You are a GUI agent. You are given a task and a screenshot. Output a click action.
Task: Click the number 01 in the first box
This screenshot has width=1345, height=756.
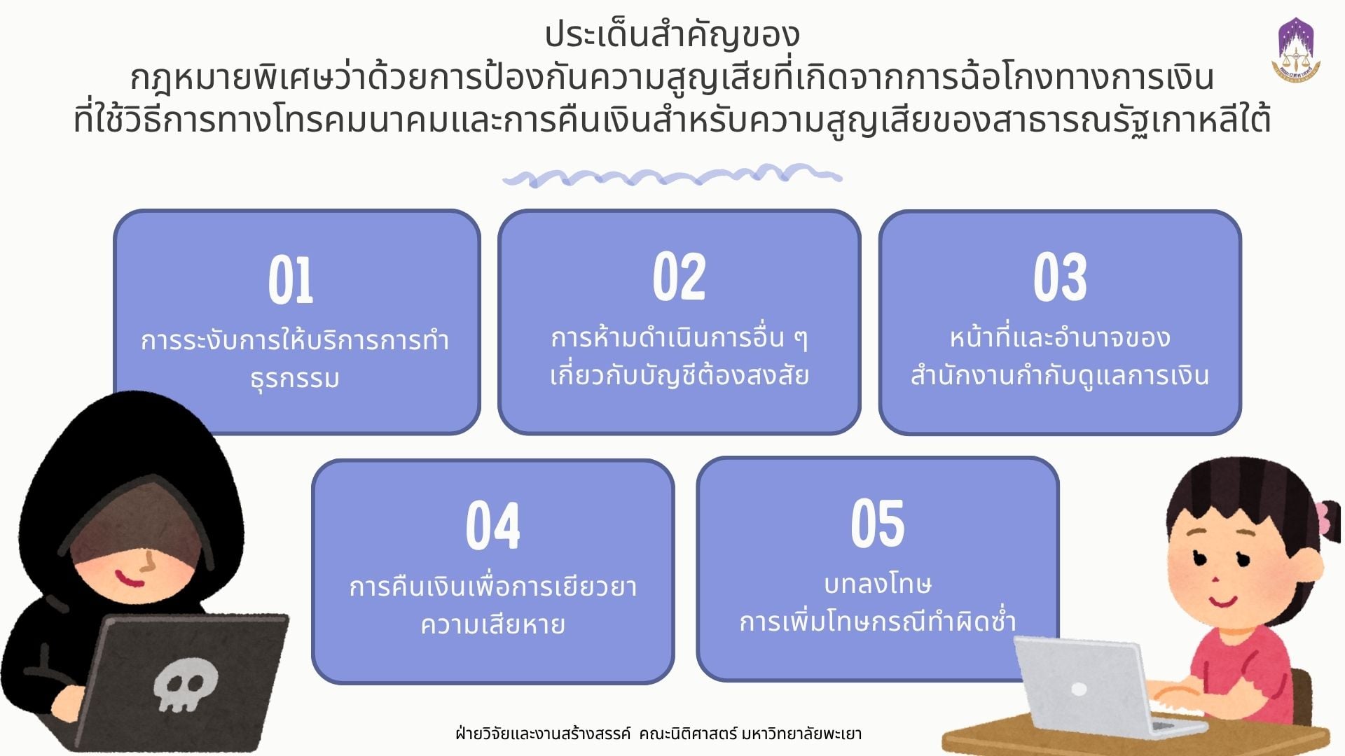click(x=291, y=280)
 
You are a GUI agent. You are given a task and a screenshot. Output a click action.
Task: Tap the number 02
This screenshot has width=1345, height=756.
click(x=679, y=277)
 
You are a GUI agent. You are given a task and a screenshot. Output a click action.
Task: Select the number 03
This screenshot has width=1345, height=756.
click(x=1060, y=277)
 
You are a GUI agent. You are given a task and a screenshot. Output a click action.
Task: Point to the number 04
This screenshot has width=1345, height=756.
click(x=493, y=526)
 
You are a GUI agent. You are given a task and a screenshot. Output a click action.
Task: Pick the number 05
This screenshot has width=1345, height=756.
click(x=878, y=523)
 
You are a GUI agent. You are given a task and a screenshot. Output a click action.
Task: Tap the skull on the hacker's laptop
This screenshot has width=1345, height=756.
click(x=186, y=686)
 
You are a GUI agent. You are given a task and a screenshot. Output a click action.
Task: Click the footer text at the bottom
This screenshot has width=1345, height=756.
click(x=658, y=734)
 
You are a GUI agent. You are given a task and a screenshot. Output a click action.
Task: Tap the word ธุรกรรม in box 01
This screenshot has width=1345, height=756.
click(x=295, y=378)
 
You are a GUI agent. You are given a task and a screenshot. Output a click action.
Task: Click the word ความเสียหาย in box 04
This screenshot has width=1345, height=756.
click(x=492, y=624)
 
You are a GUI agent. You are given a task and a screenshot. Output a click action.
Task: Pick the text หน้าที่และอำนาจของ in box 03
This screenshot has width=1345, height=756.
click(x=1060, y=337)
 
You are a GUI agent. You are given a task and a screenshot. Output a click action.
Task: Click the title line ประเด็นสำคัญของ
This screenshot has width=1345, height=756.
click(x=672, y=35)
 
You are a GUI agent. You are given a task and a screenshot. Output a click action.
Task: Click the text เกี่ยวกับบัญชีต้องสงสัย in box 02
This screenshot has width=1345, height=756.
click(x=680, y=375)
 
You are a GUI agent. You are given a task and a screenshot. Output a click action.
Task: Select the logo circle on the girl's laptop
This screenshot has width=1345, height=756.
click(x=1080, y=689)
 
